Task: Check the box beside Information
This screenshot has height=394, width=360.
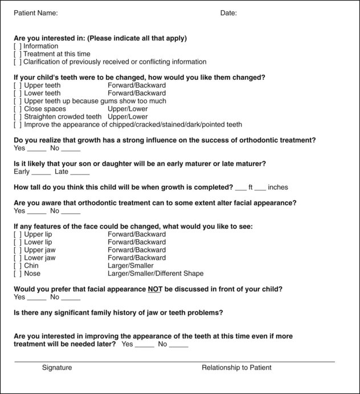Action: pyautogui.click(x=18, y=46)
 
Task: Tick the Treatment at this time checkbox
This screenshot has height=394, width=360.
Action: pyautogui.click(x=18, y=54)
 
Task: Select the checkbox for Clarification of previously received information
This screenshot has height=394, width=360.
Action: pyautogui.click(x=18, y=62)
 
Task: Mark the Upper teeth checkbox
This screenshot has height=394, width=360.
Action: pyautogui.click(x=18, y=86)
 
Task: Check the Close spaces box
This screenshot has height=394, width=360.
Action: pyautogui.click(x=18, y=109)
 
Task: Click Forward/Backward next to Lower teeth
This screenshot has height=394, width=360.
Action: pyautogui.click(x=137, y=94)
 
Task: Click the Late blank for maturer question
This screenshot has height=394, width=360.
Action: pyautogui.click(x=80, y=172)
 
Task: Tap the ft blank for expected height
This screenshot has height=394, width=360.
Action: pyautogui.click(x=241, y=188)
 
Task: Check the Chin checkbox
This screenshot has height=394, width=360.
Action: pyautogui.click(x=18, y=266)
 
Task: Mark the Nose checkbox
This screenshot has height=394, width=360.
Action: pyautogui.click(x=18, y=274)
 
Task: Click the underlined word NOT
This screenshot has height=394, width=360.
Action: pyautogui.click(x=155, y=289)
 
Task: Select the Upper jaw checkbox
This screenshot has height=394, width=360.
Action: pyautogui.click(x=18, y=250)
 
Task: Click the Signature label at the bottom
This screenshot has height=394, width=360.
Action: pyautogui.click(x=57, y=368)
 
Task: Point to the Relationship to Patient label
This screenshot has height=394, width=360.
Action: pyautogui.click(x=236, y=368)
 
